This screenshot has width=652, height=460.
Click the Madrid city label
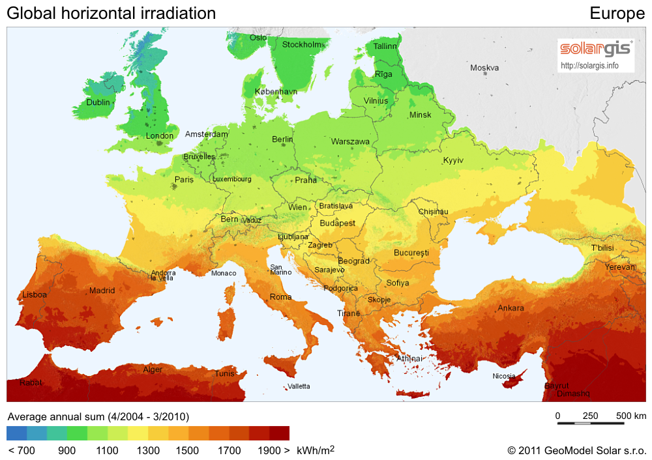pos(102,291)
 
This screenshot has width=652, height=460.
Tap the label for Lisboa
pos(35,295)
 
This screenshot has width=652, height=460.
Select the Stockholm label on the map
pos(302,44)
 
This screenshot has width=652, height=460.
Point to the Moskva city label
pos(484,68)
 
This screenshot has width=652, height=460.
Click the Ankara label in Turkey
pos(511,308)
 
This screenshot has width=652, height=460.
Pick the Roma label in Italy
pos(280,297)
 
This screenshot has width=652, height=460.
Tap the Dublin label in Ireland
pos(98,102)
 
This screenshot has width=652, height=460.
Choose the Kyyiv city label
pos(453,160)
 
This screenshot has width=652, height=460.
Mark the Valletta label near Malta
pos(299,386)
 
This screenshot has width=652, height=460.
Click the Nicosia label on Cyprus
pos(504,376)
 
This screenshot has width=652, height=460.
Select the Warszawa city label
pos(350,141)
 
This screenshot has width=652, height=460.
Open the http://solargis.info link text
pos(589,66)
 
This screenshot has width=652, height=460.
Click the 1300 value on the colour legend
pos(149,450)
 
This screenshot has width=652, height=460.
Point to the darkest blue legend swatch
pos(17,433)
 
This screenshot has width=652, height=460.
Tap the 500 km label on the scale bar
pos(631,416)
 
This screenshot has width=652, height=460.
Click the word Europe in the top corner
pos(617,13)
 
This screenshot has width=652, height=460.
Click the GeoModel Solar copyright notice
pos(577,450)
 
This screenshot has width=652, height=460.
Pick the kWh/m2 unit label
pos(316,450)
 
